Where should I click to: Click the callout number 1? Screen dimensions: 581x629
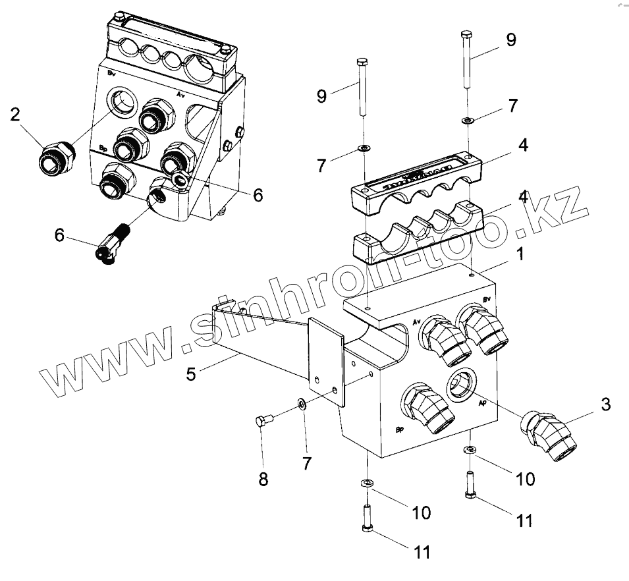520,254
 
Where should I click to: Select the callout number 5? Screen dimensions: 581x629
191,374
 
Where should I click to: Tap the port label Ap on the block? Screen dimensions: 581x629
483,402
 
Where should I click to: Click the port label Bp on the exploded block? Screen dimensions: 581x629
399,431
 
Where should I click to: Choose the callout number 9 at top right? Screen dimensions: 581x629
511,40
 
